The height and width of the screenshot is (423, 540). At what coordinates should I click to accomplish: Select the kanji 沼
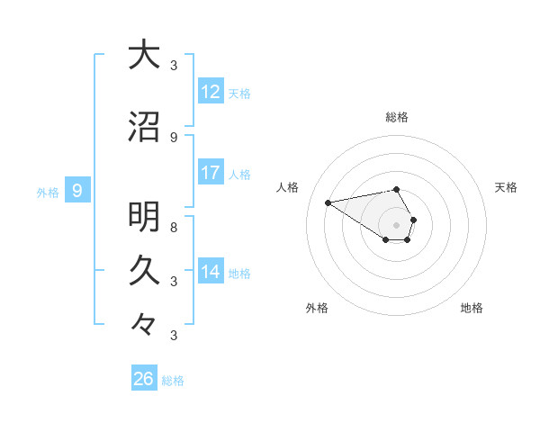(144, 127)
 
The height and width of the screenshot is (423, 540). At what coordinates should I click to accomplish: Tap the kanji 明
(144, 217)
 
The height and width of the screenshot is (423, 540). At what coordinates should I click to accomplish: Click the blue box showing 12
(211, 92)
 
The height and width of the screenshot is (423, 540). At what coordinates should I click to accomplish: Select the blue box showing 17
(211, 173)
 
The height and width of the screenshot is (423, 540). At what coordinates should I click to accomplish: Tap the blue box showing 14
(211, 272)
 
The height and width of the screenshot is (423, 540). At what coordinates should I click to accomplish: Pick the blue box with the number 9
(77, 190)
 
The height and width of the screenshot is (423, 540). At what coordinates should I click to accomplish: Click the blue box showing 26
(144, 379)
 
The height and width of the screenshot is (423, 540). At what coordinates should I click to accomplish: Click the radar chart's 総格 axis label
(397, 117)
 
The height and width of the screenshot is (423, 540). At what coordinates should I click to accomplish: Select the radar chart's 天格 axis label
(507, 187)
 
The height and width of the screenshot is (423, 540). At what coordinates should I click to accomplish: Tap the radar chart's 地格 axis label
(472, 308)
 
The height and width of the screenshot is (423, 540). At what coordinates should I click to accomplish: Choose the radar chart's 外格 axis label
(317, 308)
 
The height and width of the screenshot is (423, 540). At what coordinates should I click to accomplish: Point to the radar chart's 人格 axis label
(288, 187)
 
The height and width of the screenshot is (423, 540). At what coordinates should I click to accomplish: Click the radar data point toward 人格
(328, 202)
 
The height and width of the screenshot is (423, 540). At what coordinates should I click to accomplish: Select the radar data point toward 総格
(397, 189)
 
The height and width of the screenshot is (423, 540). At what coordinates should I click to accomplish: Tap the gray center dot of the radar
(397, 224)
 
